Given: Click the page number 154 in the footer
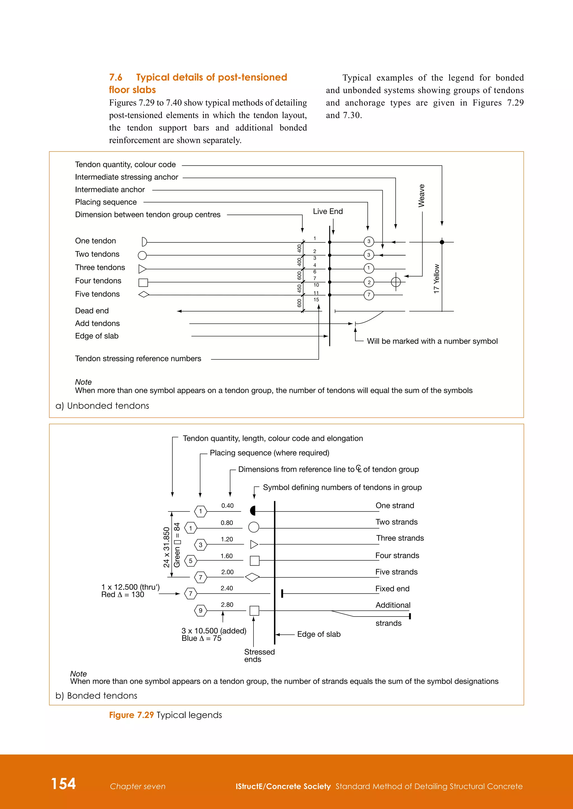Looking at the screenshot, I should tap(64, 784).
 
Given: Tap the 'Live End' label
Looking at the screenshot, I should tap(328, 211).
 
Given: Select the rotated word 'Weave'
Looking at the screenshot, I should tap(421, 196).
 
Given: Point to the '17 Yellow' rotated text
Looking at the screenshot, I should tap(436, 279).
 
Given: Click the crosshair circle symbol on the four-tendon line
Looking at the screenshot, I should tap(396, 282).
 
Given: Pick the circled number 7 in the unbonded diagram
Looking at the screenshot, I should tap(369, 295).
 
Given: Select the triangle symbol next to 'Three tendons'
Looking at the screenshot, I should tap(142, 269).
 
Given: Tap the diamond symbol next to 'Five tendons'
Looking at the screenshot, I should tap(144, 294).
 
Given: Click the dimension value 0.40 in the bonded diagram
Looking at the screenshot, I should tap(227, 506).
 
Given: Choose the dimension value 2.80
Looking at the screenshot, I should tap(227, 605).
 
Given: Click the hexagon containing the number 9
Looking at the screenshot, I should tap(200, 611).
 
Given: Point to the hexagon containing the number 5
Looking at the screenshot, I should tap(191, 561).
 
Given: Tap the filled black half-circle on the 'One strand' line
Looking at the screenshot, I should tap(253, 511).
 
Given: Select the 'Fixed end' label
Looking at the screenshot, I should tap(392, 589).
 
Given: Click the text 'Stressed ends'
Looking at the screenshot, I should tap(259, 655).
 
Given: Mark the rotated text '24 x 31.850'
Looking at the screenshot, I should tap(166, 547).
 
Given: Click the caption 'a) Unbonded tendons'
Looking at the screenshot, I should tap(102, 406).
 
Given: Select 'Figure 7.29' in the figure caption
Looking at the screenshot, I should tap(131, 715).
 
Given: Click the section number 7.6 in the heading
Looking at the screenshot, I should tap(116, 77).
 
